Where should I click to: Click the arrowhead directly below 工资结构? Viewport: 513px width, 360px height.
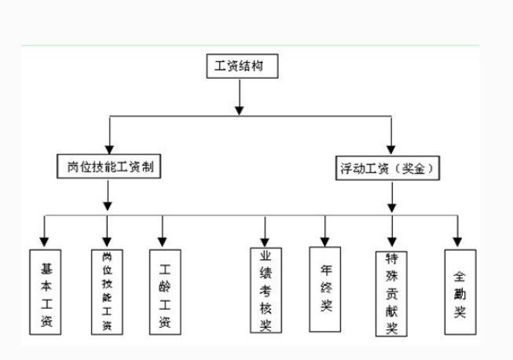pos(240,111)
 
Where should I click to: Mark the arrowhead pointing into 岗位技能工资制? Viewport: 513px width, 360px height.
pos(109,149)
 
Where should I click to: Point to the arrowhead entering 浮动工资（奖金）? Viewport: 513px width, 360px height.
pos(391,149)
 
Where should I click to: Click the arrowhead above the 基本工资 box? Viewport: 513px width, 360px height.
pos(44,242)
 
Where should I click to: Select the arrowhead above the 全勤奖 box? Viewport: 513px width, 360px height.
pos(457,242)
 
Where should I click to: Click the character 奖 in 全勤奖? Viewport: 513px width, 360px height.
pos(460,311)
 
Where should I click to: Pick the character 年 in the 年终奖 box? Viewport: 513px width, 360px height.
pos(326,270)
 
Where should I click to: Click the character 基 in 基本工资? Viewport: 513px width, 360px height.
pos(46,269)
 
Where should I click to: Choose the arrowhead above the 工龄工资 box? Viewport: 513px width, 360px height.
pos(163,242)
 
